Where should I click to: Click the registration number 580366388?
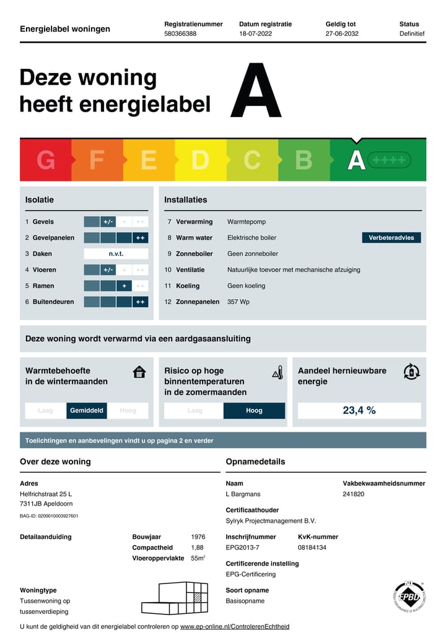click(180, 34)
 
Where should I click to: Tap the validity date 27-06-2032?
click(342, 34)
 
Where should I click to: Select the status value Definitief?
click(412, 34)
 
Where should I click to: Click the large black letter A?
click(256, 90)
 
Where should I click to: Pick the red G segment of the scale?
click(46, 160)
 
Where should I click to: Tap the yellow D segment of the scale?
click(200, 160)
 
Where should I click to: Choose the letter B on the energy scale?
click(304, 160)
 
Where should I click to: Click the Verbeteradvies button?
click(391, 238)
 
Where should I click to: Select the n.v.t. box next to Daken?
click(116, 254)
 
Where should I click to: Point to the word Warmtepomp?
click(247, 222)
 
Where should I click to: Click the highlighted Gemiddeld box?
click(87, 411)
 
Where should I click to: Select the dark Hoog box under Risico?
click(254, 411)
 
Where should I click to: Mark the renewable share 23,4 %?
click(359, 410)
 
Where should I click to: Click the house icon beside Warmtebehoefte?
click(140, 372)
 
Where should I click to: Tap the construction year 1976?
click(198, 537)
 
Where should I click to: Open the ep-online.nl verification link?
click(234, 627)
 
